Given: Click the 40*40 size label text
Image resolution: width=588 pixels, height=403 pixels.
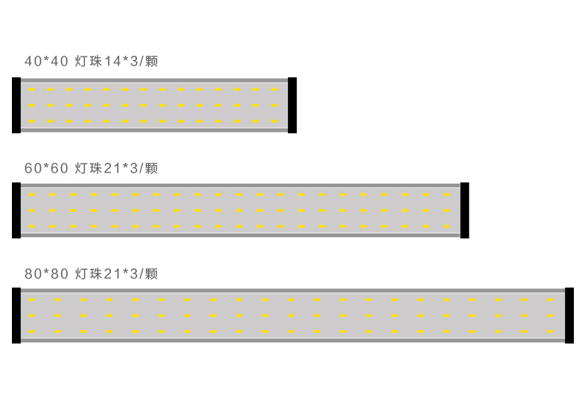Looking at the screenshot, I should pos(46,61).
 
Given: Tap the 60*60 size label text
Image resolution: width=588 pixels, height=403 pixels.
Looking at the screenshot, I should pos(46,168).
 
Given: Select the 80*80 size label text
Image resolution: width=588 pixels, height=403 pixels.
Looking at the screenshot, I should pos(46,274).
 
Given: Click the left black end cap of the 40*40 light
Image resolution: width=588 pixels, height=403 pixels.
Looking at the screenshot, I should pos(16,105).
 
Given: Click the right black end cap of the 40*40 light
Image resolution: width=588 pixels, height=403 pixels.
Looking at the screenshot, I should pos(292,105).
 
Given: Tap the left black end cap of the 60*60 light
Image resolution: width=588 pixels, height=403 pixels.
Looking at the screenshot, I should pos(16,210).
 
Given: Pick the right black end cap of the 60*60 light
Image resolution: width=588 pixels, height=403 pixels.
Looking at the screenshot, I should pos(464,210).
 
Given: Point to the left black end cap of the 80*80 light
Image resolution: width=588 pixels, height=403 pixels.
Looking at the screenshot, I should pos(16,315).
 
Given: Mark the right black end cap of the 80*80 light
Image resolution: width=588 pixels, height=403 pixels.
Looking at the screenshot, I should pos(569,315).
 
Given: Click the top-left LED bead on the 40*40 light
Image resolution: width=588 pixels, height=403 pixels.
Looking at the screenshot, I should pos(31,89).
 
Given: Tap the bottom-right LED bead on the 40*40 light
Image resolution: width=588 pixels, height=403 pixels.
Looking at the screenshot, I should pos(274,121).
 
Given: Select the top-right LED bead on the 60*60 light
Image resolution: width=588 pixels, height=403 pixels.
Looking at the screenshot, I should pos(446,195).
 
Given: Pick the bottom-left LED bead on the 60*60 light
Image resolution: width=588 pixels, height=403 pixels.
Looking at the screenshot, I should pos(31,226).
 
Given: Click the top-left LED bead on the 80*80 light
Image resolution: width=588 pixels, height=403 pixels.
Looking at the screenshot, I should pos(31,300).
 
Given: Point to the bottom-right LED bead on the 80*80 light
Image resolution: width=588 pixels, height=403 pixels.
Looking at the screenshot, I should pos(550,331).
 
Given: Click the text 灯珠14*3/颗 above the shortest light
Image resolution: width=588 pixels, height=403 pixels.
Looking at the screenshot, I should pos(117,61).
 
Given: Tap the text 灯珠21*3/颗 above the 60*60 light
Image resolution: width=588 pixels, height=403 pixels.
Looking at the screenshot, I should pos(117,168).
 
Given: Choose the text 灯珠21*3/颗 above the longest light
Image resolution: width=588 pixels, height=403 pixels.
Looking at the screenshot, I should pos(117,274).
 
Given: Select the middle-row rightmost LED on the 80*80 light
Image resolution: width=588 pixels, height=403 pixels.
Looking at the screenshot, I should pos(550,315).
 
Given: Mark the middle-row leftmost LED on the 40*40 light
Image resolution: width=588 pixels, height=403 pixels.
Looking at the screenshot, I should pos(31,105).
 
